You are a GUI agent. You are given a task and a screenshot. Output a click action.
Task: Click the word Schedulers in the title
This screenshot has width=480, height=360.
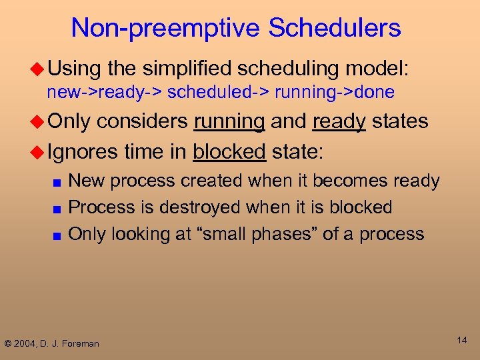[x=334, y=28]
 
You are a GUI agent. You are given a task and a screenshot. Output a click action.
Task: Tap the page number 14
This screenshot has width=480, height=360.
[x=461, y=340]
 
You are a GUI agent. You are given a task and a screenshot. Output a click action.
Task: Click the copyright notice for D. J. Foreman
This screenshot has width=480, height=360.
[x=51, y=343]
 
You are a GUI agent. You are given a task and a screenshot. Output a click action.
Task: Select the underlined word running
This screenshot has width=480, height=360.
[x=229, y=121]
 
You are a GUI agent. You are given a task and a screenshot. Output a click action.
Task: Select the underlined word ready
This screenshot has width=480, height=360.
[x=339, y=121]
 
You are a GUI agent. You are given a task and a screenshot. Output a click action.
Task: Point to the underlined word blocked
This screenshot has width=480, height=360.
[x=229, y=151]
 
